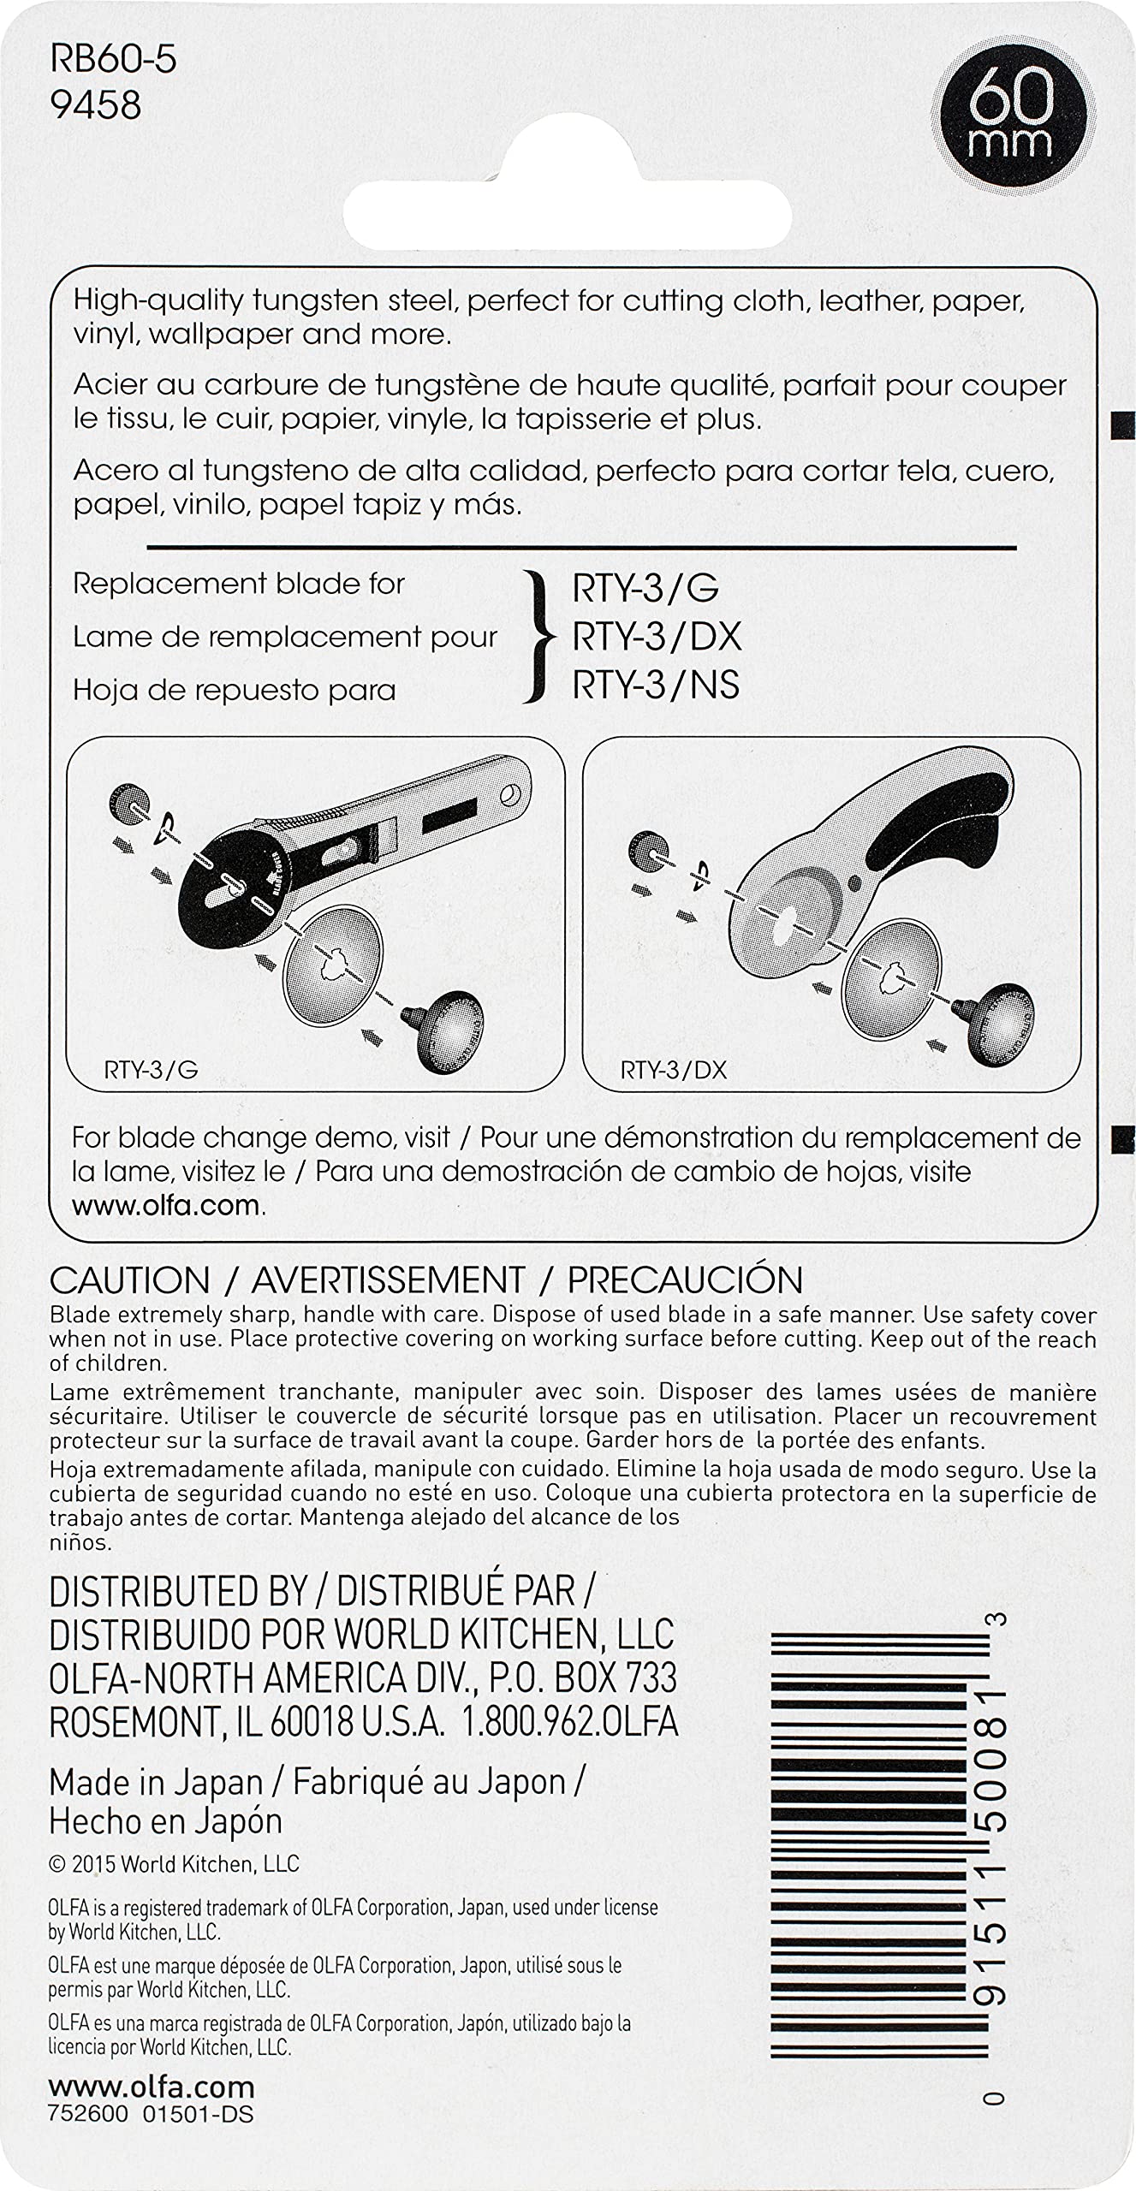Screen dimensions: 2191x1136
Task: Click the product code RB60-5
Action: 113,62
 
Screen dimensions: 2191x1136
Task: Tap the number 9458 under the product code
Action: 95,105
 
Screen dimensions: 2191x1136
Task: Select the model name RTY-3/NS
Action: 656,685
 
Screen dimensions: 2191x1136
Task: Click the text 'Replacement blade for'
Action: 239,584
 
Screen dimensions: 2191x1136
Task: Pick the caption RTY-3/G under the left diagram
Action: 151,1070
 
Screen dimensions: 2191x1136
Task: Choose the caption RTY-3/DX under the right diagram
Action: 673,1070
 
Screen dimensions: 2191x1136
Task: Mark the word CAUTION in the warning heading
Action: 130,1280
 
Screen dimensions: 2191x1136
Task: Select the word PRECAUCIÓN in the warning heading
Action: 685,1280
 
